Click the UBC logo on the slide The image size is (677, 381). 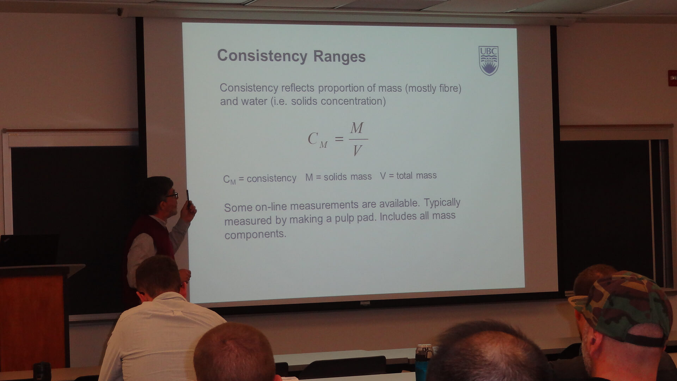click(x=488, y=61)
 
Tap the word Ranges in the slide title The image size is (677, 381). click(x=339, y=57)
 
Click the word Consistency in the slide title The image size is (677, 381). click(x=262, y=56)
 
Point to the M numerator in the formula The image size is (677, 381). click(x=356, y=128)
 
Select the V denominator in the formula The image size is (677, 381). click(x=357, y=151)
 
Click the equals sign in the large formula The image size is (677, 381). click(x=339, y=139)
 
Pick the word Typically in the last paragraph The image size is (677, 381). click(x=442, y=203)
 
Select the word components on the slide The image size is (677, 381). click(x=255, y=235)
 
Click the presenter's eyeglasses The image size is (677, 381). click(x=172, y=195)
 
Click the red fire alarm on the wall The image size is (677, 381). click(x=672, y=78)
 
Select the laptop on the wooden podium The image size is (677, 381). click(x=29, y=250)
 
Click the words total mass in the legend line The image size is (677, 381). click(x=416, y=175)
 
